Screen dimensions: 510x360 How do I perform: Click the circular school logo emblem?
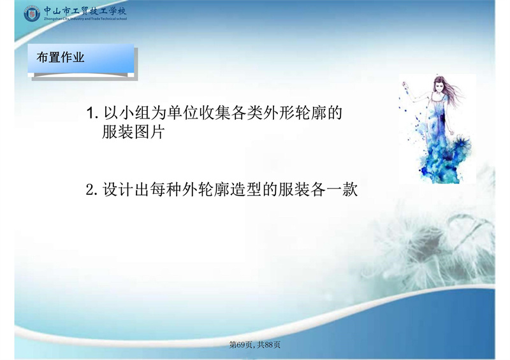(32, 13)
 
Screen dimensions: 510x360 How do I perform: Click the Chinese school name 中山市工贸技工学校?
(85, 11)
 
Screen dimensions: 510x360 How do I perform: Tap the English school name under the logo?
(85, 19)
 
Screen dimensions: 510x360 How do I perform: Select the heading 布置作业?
(60, 57)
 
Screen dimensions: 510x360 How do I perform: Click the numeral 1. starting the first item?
(92, 113)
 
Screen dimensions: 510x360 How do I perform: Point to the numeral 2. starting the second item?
(92, 190)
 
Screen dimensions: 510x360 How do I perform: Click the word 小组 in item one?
(135, 113)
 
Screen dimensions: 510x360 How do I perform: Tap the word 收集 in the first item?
(215, 113)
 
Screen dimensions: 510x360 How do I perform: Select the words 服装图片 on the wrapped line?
(133, 132)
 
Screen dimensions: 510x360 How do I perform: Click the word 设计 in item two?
(118, 189)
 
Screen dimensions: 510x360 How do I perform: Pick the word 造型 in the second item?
(245, 189)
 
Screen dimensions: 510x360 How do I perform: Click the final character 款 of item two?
(350, 189)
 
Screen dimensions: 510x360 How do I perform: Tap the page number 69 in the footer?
(241, 345)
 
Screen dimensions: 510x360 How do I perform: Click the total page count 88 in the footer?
(268, 345)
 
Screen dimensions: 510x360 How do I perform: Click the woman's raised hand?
(405, 85)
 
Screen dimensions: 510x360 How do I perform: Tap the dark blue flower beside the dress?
(461, 144)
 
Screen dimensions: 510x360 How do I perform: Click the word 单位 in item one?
(183, 113)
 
